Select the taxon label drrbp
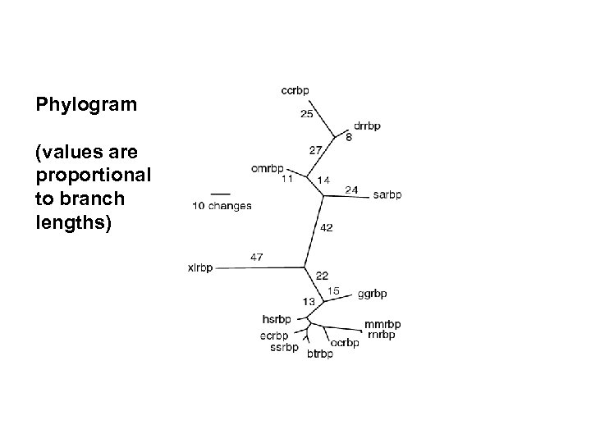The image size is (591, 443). [x=367, y=126]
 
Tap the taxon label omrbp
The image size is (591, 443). [x=268, y=170]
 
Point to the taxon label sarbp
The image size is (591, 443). [x=387, y=194]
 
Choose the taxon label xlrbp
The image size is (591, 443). [x=200, y=267]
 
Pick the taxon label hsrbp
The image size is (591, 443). [x=276, y=318]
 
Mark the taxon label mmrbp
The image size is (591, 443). [x=383, y=324]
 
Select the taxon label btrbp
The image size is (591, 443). [x=319, y=354]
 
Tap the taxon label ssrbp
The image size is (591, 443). [x=283, y=347]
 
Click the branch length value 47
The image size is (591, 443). [x=256, y=257]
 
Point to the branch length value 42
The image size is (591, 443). [x=326, y=227]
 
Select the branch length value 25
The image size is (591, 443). [x=306, y=113]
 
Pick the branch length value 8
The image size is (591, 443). [x=349, y=137]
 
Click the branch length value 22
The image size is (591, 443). [x=322, y=275]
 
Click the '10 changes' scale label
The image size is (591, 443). [x=222, y=206]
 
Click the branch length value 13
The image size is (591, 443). [x=309, y=302]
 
